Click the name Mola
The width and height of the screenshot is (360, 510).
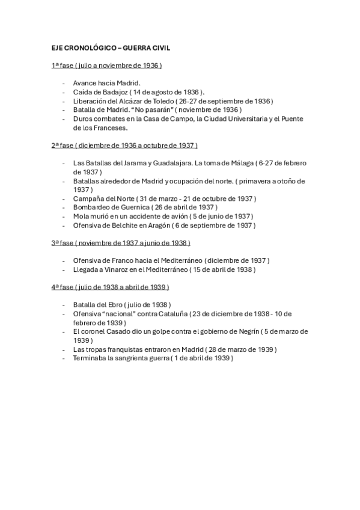click(x=81, y=216)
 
